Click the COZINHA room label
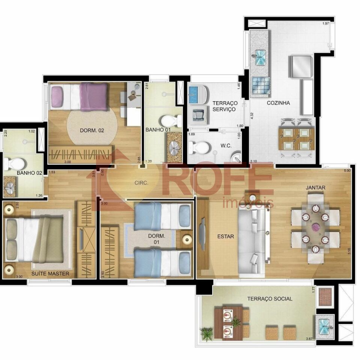click(278, 103)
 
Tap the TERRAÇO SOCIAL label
click(270, 299)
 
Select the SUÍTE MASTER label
click(50, 274)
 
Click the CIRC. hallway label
click(142, 183)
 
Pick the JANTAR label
click(315, 187)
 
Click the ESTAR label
click(226, 237)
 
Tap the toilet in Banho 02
click(14, 163)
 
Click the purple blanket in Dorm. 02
click(93, 96)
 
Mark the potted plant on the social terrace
click(206, 333)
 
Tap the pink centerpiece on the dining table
click(315, 226)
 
